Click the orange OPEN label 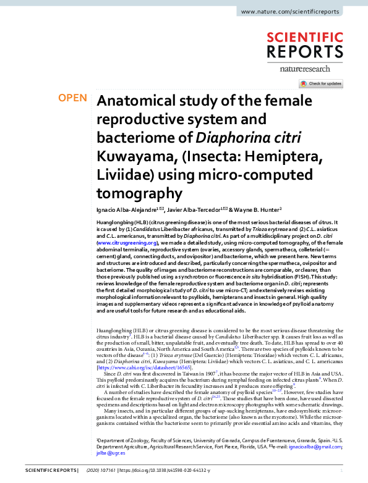[72, 98]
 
